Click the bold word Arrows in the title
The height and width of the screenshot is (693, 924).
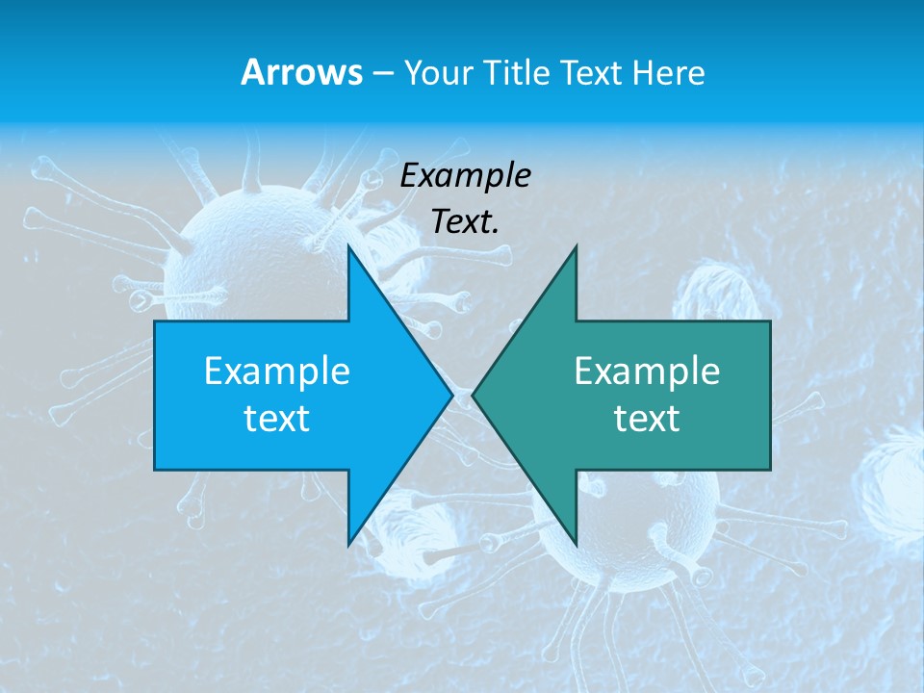click(301, 72)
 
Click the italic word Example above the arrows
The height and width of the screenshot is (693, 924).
click(466, 175)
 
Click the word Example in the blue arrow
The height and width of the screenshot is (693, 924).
click(277, 371)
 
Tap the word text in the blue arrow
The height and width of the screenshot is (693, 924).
click(277, 418)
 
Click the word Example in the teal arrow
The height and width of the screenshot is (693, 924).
click(647, 371)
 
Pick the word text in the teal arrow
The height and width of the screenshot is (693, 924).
click(647, 418)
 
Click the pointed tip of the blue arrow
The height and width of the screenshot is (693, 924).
click(452, 395)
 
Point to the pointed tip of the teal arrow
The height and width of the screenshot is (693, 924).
click(473, 395)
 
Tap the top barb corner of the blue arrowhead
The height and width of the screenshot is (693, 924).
click(348, 246)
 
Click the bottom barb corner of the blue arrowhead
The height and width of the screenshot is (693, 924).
click(348, 545)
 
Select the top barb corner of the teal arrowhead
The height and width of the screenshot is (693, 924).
click(576, 246)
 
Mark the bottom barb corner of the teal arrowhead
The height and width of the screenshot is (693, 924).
click(576, 545)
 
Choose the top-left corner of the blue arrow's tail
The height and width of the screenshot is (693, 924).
click(155, 321)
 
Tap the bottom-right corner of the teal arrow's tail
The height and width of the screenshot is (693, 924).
click(770, 469)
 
